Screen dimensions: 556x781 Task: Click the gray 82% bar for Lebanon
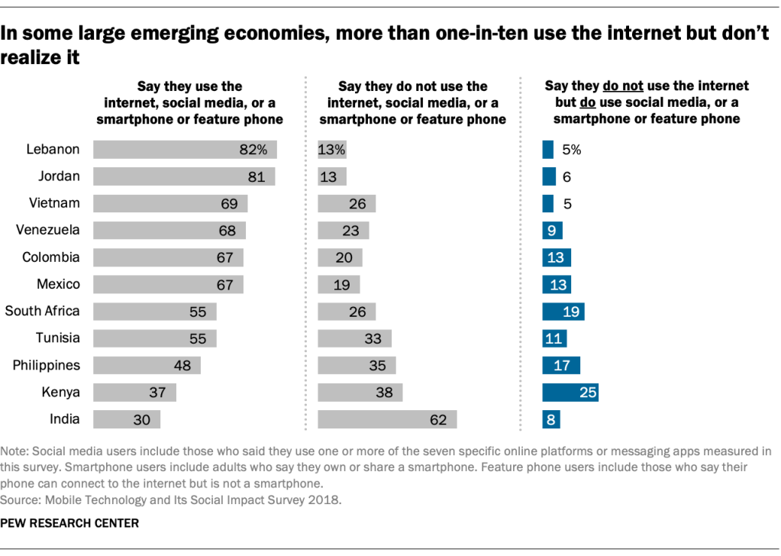[x=185, y=150]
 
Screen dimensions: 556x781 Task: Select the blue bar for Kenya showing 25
[x=570, y=393]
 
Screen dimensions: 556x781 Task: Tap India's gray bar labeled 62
[x=387, y=419]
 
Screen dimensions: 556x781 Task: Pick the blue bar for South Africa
[x=563, y=312]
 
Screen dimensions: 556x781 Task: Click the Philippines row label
[x=47, y=365]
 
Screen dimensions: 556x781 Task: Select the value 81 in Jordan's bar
[x=256, y=177]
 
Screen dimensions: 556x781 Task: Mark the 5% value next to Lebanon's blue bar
[x=572, y=150]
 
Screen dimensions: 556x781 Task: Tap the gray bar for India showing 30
[x=127, y=419]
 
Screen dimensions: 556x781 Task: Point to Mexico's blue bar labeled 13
[x=557, y=285]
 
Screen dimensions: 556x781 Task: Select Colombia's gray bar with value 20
[x=340, y=257]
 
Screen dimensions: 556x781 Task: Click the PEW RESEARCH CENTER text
[x=71, y=524]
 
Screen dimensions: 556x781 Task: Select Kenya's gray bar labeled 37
[x=134, y=393]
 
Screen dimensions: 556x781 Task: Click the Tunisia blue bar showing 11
[x=554, y=338]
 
